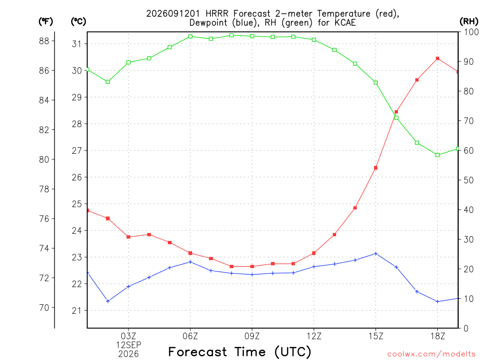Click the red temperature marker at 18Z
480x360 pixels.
point(437,59)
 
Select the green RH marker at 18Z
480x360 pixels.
point(437,155)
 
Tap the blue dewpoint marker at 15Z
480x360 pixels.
point(375,254)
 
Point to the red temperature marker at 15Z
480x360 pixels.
point(375,168)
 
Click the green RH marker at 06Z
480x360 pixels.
point(190,37)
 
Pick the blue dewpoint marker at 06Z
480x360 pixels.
point(190,262)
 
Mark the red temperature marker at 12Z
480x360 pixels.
point(314,253)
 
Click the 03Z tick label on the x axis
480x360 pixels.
point(128,336)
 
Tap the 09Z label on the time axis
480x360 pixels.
point(252,336)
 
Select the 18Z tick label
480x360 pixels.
point(437,336)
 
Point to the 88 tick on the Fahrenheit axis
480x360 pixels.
point(44,41)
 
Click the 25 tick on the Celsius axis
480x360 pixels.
point(77,204)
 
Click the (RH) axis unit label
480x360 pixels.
point(469,21)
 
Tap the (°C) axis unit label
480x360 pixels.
point(78,21)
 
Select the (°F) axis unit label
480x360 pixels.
point(45,21)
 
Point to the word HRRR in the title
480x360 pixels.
point(217,14)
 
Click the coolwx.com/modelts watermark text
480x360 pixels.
point(431,354)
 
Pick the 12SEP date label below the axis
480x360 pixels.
point(128,345)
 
